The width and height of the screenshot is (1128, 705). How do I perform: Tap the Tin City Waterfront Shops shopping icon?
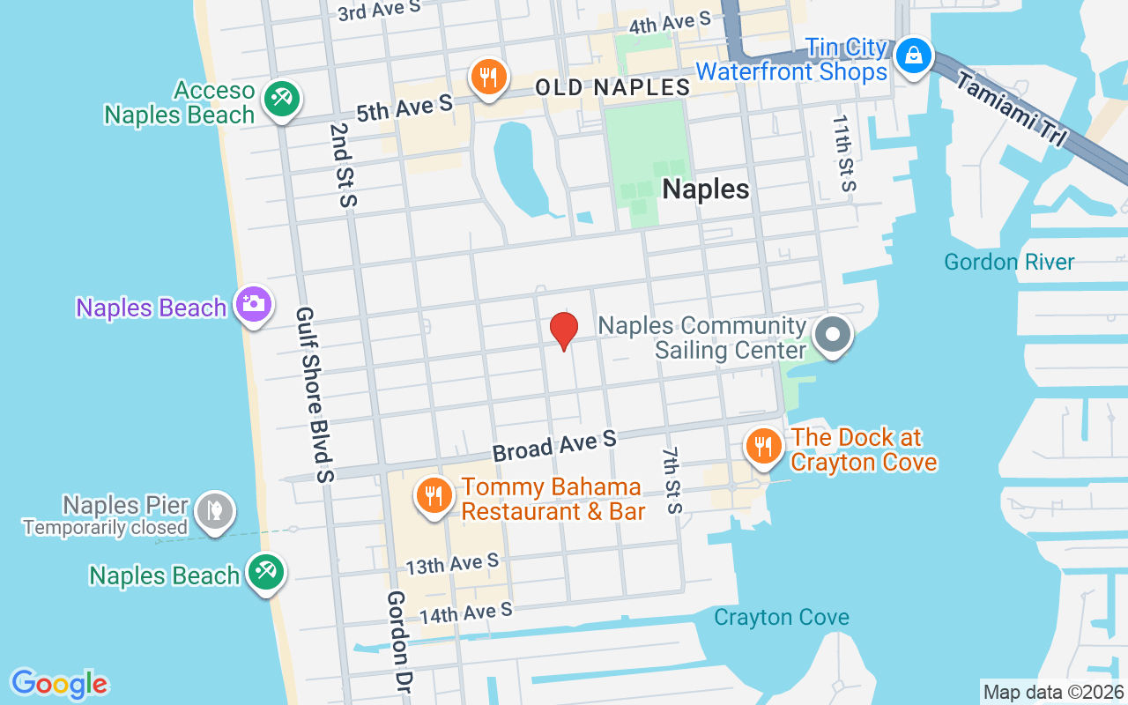coord(915,56)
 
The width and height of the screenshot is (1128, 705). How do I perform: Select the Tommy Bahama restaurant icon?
coord(433,496)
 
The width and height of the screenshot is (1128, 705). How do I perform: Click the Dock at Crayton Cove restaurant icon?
coord(762,446)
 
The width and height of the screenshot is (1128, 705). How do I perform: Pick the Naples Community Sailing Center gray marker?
coord(833,335)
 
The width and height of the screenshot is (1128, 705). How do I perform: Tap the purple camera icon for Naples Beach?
coord(254,304)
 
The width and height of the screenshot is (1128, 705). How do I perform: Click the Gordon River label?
coord(1009,262)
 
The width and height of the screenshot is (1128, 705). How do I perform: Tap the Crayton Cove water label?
coord(781,617)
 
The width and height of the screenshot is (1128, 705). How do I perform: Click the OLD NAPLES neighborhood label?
coord(613,87)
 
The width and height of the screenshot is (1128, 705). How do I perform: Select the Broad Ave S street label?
coord(553,446)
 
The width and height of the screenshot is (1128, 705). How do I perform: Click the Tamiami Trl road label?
coord(1011,109)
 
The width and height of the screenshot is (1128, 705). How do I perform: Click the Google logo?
coord(60,684)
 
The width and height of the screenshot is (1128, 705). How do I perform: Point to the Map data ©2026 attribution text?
coord(1054,692)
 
